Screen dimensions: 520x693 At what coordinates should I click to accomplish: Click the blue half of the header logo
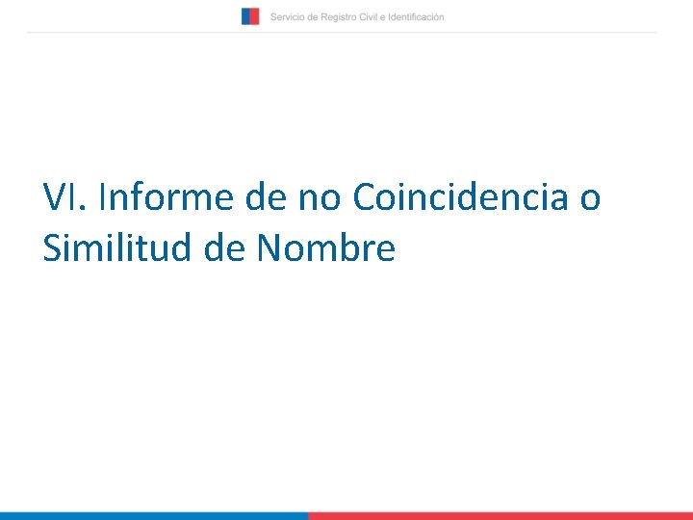click(246, 16)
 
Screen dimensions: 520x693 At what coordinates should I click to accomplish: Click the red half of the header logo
click(255, 16)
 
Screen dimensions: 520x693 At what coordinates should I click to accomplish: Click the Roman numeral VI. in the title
click(65, 197)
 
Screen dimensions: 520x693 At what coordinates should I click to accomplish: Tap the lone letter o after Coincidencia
click(590, 197)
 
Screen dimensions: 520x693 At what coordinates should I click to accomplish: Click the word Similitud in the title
click(117, 248)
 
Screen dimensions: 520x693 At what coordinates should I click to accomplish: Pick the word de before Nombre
click(224, 248)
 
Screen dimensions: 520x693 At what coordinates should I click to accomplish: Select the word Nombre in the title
click(325, 248)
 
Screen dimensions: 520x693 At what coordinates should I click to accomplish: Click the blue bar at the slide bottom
click(154, 515)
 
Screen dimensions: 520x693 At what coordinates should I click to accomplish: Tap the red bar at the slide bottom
click(500, 515)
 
